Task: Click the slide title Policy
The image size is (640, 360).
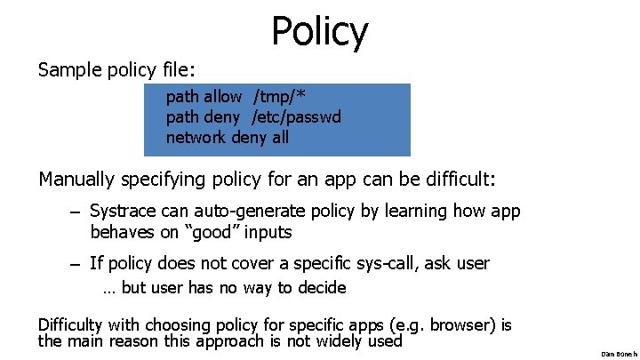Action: pyautogui.click(x=319, y=31)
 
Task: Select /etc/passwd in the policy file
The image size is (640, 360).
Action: pyautogui.click(x=297, y=116)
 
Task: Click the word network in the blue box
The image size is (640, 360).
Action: pyautogui.click(x=196, y=137)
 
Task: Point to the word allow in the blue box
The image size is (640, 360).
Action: pyautogui.click(x=222, y=96)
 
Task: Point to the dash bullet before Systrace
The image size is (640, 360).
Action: pyautogui.click(x=77, y=212)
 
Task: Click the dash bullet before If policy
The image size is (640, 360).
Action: pyautogui.click(x=77, y=264)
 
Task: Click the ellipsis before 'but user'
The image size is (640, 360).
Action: pyautogui.click(x=109, y=288)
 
